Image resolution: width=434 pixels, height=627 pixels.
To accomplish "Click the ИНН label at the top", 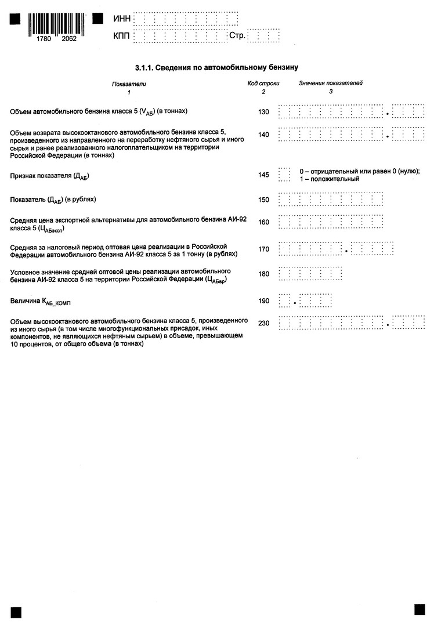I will click(x=122, y=20).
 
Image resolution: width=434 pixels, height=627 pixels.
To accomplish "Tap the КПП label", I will click(x=122, y=37).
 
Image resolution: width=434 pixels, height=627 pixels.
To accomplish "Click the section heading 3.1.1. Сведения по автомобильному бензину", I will click(x=216, y=67).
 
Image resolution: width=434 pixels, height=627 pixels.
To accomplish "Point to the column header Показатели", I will click(x=129, y=84).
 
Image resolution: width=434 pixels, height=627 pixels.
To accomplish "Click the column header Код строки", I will click(x=263, y=84).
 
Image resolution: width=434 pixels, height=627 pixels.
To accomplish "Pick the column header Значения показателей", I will click(x=331, y=84).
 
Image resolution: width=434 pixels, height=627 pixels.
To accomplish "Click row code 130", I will click(x=263, y=111).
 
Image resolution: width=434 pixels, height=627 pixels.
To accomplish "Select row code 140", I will click(x=263, y=135).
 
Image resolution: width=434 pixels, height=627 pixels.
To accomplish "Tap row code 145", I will click(x=263, y=175).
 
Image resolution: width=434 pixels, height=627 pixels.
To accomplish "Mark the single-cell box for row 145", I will click(x=284, y=175).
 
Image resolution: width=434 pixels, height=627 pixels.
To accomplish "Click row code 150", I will click(x=263, y=200).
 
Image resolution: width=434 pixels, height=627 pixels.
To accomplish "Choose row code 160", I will click(x=263, y=222).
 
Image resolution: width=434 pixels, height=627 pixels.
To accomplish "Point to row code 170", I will click(x=263, y=249).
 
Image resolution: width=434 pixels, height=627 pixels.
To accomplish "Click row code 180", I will click(x=263, y=274).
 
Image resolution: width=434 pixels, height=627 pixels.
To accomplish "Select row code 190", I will click(x=263, y=301).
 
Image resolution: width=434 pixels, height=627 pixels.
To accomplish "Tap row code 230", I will click(x=263, y=323).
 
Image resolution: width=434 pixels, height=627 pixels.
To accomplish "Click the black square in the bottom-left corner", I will click(x=16, y=612).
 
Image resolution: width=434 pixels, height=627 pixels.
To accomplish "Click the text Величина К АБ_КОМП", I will click(x=40, y=302).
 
